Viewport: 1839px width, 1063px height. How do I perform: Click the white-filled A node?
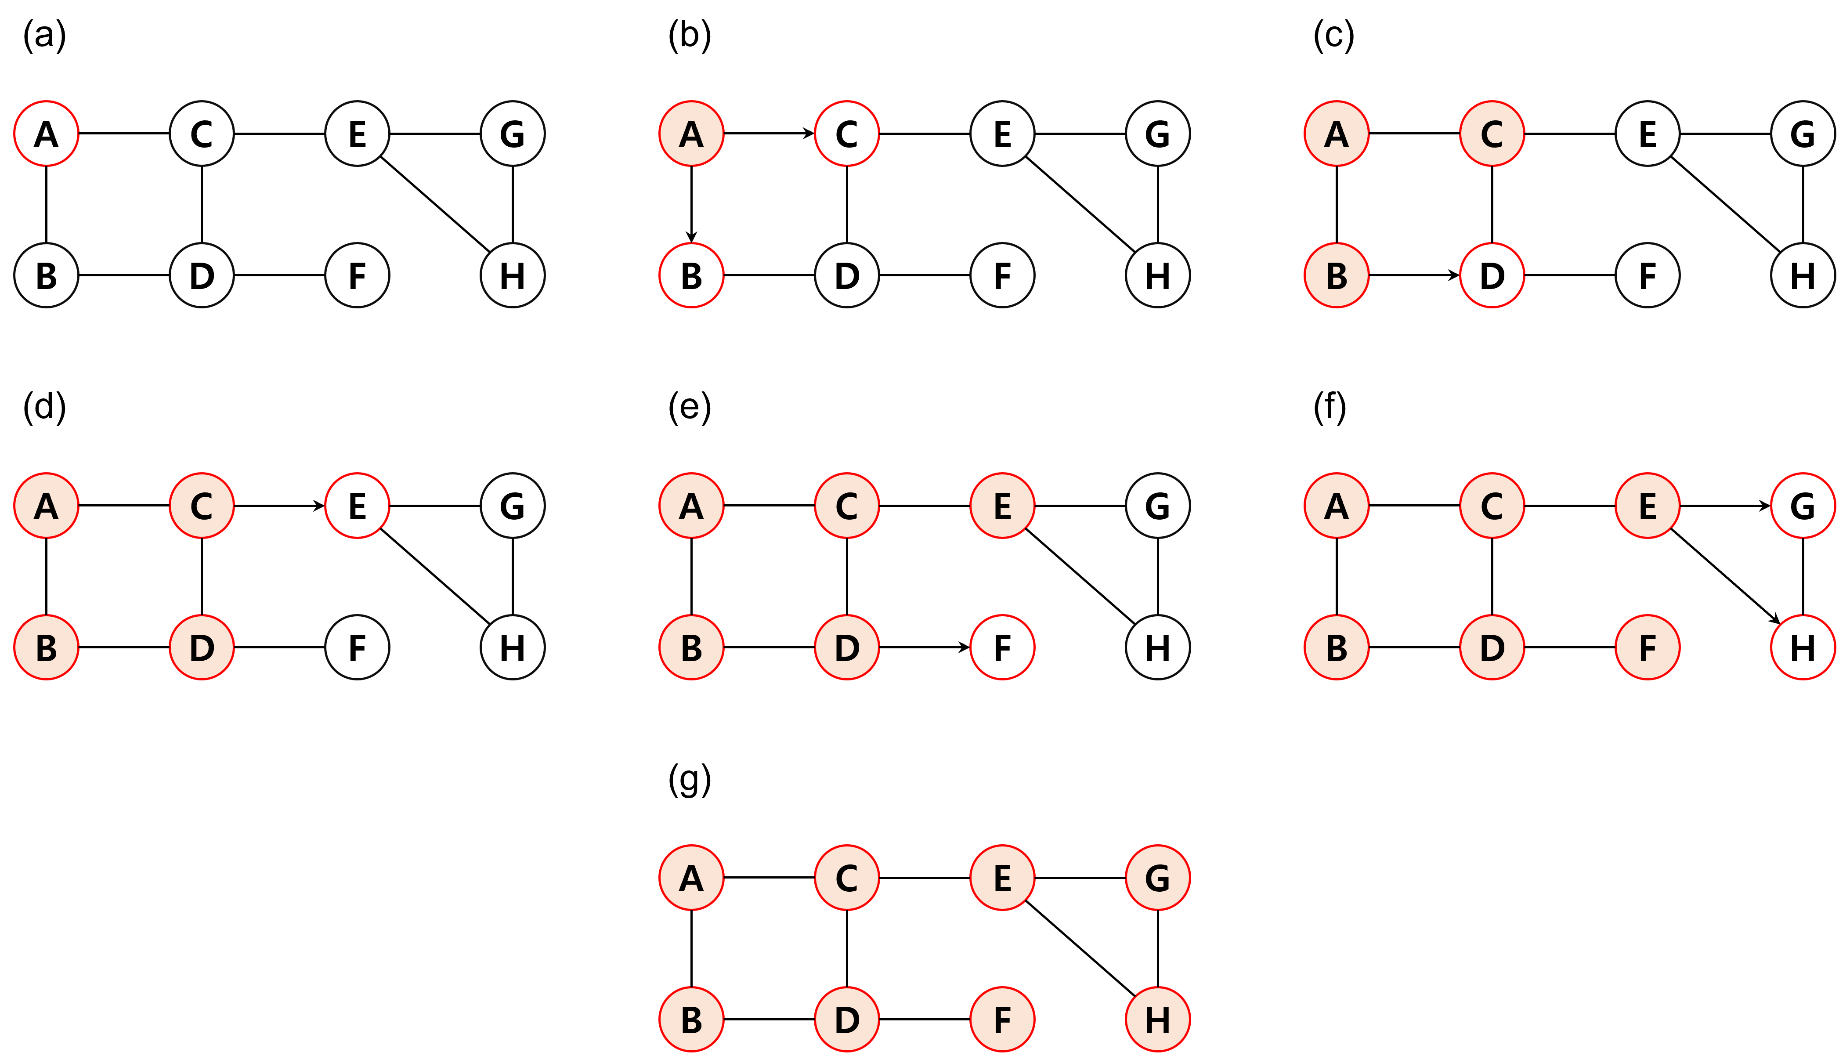(46, 134)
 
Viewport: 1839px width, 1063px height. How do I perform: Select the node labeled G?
(1157, 878)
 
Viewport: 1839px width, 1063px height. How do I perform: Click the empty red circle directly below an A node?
(691, 275)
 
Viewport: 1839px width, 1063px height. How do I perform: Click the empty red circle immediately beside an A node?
(846, 134)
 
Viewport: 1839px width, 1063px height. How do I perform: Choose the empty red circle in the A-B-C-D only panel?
(357, 506)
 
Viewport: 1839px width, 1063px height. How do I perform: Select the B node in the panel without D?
(1336, 275)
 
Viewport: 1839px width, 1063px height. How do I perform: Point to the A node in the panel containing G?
(691, 878)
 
